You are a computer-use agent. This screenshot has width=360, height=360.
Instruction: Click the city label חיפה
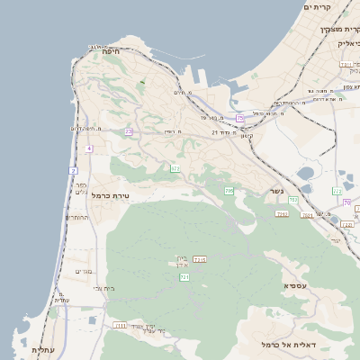pos(112,52)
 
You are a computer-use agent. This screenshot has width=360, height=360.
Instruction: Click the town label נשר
pos(275,192)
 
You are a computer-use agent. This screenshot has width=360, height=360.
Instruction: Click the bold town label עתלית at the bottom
pos(43,349)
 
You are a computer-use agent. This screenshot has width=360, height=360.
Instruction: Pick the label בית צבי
pos(104,288)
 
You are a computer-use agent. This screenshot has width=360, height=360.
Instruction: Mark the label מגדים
pos(84,271)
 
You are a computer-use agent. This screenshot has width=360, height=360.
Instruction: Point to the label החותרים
pos(76,217)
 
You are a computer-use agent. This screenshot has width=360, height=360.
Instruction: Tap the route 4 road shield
pos(89,148)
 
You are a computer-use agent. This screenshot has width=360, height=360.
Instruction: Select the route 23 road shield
pos(129,132)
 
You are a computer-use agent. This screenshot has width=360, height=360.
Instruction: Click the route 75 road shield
pos(239,119)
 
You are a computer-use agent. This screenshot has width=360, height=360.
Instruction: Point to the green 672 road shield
pos(175,168)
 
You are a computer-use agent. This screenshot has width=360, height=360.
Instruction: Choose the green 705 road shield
pos(229,191)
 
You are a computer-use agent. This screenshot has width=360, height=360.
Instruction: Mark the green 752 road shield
pos(282,213)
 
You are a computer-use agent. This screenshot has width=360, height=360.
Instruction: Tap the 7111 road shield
pos(120,325)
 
